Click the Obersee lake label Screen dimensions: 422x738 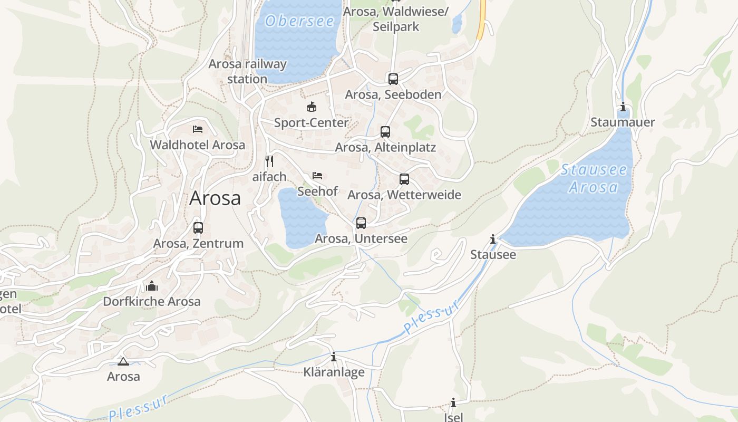pos(300,21)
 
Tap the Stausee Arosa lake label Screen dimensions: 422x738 pos(594,178)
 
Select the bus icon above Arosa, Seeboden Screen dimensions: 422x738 pos(393,79)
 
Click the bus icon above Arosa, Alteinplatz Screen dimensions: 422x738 pos(385,132)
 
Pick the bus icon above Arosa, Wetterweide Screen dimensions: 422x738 pos(404,179)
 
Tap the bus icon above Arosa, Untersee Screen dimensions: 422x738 pos(361,223)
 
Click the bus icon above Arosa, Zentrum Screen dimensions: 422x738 pos(198,228)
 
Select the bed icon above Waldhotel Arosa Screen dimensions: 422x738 pos(198,129)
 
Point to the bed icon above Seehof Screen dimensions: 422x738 pos(317,175)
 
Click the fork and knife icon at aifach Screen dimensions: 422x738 pos(269,161)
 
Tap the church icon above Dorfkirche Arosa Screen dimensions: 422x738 pos(152,286)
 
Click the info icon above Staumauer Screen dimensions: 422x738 pos(623,107)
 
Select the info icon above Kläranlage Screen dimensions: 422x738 pos(334,357)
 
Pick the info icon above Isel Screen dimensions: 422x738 pos(453,403)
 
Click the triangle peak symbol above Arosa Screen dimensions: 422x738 pos(123,361)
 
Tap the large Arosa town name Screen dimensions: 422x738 pos(215,198)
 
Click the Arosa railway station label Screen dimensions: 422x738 pos(247,71)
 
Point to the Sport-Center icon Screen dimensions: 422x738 pos(312,107)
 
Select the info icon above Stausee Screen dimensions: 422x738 pos(493,239)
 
